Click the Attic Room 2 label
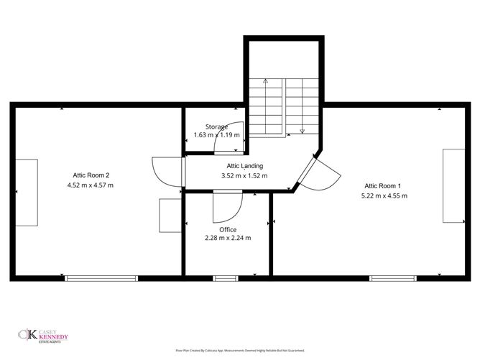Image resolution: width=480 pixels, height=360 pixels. (x=91, y=175)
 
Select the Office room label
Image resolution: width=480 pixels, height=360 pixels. (x=228, y=230)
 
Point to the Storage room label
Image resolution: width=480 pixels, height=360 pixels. (x=216, y=126)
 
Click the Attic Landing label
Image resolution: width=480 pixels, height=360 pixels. (x=240, y=165)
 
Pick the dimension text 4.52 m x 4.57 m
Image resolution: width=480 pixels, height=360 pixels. (x=91, y=185)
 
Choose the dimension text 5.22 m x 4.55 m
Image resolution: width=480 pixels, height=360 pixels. (x=384, y=195)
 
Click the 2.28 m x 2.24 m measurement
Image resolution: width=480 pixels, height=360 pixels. (x=228, y=239)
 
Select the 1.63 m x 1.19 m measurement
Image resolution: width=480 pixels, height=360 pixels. (x=216, y=134)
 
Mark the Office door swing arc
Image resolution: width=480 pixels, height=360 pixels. (x=227, y=207)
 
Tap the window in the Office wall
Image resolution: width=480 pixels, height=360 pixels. (x=226, y=277)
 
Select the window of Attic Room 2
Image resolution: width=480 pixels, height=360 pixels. (x=101, y=277)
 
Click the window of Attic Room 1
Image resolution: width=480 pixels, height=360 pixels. (x=392, y=277)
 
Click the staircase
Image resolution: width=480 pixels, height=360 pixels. (x=284, y=104)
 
